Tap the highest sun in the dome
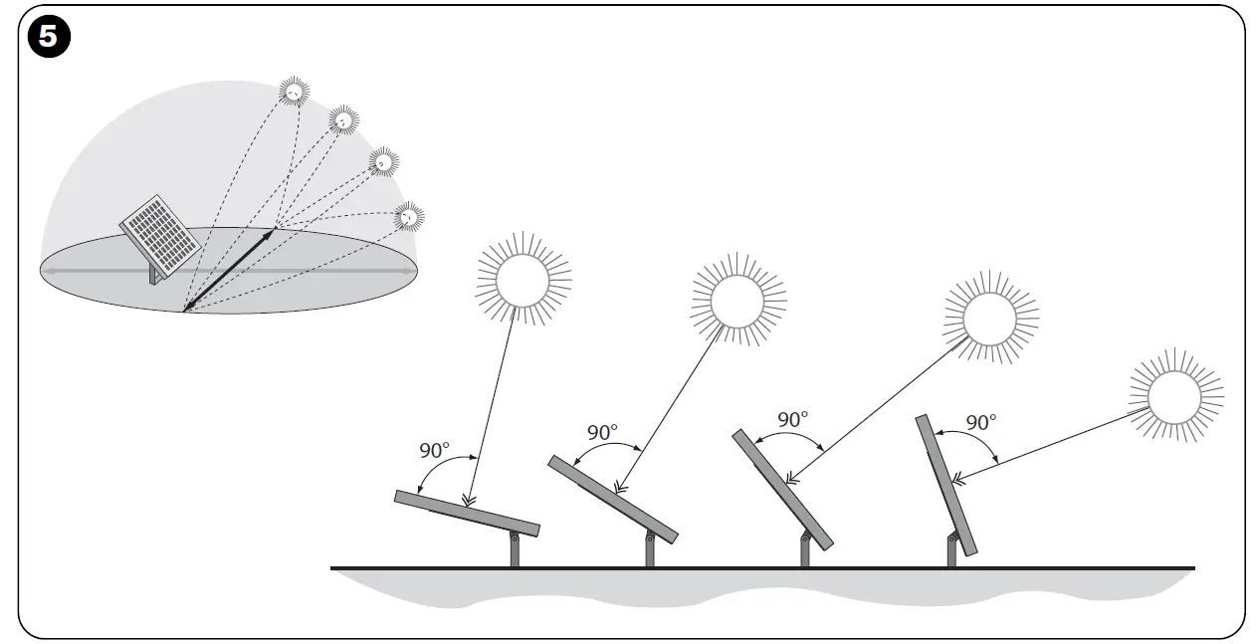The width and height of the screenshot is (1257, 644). point(295,92)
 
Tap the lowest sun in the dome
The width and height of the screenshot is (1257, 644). point(408,214)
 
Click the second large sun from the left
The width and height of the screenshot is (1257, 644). point(737,297)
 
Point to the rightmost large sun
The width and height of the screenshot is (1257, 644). point(1174,396)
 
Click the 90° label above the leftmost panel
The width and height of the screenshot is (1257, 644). point(436,450)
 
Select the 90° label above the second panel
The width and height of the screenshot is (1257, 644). point(602,433)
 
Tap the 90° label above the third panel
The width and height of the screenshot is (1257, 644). point(792,420)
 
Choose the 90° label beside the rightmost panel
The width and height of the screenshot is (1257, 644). point(980,422)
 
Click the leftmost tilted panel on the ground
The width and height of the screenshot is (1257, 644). point(467,513)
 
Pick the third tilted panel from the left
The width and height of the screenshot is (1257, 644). point(783,488)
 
